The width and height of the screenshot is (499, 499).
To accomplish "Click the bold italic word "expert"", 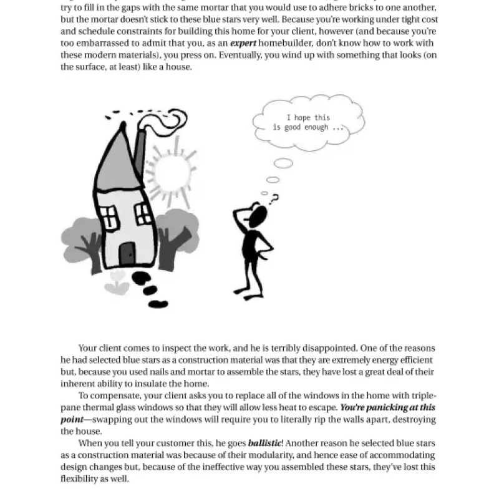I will tap(243, 43).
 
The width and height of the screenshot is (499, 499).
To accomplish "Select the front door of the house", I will tap(127, 254).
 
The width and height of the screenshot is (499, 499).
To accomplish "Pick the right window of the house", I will tap(143, 213).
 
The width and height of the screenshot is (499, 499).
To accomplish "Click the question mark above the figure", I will tap(273, 198).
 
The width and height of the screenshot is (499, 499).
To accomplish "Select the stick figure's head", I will tap(258, 216).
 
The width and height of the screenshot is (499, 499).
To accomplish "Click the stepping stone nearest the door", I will tap(141, 278).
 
